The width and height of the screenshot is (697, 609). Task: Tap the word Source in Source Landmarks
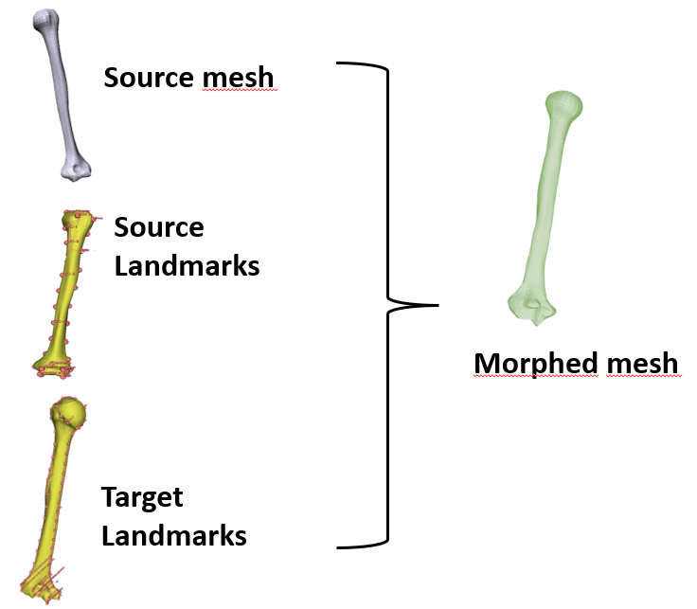[x=158, y=228]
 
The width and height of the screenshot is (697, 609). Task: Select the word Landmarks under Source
[x=187, y=266]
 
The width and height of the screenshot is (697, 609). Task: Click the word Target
[x=142, y=497]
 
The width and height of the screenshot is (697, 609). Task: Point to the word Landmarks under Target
[x=173, y=535]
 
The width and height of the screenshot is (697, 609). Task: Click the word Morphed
[x=532, y=363]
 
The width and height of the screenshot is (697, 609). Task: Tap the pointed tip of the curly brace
[x=437, y=305]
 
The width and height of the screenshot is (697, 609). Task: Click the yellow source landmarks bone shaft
[x=66, y=284]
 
